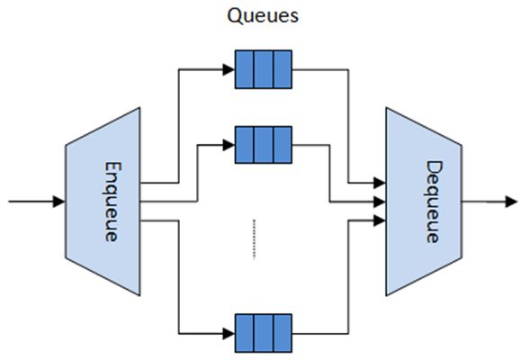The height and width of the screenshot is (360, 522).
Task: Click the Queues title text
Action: pyautogui.click(x=263, y=15)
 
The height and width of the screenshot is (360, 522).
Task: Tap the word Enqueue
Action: pyautogui.click(x=112, y=202)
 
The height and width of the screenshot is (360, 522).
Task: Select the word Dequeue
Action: pyautogui.click(x=434, y=202)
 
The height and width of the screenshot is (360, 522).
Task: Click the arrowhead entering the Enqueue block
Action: pyautogui.click(x=58, y=202)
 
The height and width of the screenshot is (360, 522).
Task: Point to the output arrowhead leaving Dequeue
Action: pyautogui.click(x=511, y=202)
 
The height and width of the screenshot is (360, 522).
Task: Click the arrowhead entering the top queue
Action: pyautogui.click(x=229, y=69)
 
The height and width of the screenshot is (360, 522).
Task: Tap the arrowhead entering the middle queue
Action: pyautogui.click(x=229, y=145)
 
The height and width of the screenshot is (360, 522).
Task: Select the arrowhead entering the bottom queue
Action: pyautogui.click(x=229, y=333)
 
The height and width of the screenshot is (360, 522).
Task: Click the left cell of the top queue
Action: pyautogui.click(x=245, y=69)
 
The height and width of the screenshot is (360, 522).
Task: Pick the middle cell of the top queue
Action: pyautogui.click(x=264, y=69)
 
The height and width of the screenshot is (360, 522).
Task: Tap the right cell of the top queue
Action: pyautogui.click(x=283, y=69)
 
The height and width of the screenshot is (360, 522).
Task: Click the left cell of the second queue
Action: pyautogui.click(x=245, y=145)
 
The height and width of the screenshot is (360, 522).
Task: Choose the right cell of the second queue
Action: pyautogui.click(x=283, y=145)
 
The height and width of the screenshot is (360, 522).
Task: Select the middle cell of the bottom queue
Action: pyautogui.click(x=264, y=333)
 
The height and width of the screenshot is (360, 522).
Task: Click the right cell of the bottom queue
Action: pyautogui.click(x=283, y=333)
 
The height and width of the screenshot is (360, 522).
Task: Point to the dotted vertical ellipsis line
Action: pyautogui.click(x=254, y=239)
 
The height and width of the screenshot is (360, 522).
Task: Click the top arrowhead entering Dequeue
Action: pyautogui.click(x=379, y=183)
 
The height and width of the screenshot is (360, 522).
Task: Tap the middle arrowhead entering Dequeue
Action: pyautogui.click(x=379, y=202)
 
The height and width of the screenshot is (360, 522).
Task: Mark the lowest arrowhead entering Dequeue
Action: pyautogui.click(x=379, y=220)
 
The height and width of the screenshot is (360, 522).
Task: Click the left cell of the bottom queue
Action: pyautogui.click(x=245, y=333)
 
